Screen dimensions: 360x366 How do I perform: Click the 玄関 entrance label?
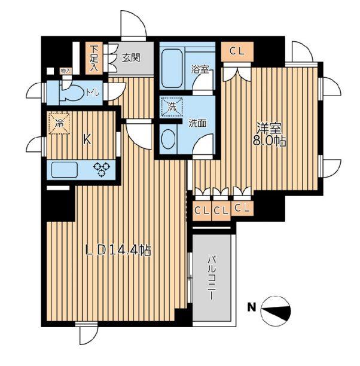[x=131, y=57]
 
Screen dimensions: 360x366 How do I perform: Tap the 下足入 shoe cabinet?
[x=94, y=58]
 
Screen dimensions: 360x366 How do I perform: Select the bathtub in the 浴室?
[x=172, y=68]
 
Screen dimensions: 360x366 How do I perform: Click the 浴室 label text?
[x=200, y=69]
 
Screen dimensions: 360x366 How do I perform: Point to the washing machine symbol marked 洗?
[x=172, y=107]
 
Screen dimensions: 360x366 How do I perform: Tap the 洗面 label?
[x=197, y=123]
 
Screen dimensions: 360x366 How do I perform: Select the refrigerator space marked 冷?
[x=59, y=123]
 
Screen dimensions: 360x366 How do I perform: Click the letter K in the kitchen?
[x=87, y=140]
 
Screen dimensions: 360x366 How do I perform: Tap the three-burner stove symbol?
[x=102, y=169]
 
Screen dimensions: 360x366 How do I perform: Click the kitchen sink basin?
[x=65, y=170]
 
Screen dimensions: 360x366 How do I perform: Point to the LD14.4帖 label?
[x=118, y=251]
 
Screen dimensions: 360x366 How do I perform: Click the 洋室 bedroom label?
[x=269, y=128]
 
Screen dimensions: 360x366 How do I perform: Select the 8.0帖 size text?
[x=270, y=141]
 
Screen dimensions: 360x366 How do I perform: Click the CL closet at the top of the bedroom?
[x=237, y=51]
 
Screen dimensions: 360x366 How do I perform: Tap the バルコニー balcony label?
[x=211, y=277]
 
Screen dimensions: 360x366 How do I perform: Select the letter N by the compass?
[x=251, y=307]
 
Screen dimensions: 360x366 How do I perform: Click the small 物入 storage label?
[x=65, y=71]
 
